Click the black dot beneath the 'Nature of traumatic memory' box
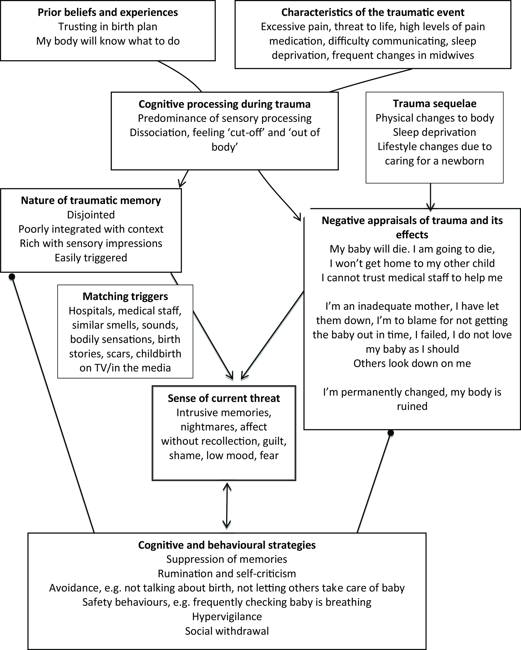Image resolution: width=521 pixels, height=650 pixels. click(x=12, y=276)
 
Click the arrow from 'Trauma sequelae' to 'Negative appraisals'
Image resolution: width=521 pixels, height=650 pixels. click(x=430, y=196)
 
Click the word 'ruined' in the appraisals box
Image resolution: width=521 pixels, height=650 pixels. click(x=412, y=406)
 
